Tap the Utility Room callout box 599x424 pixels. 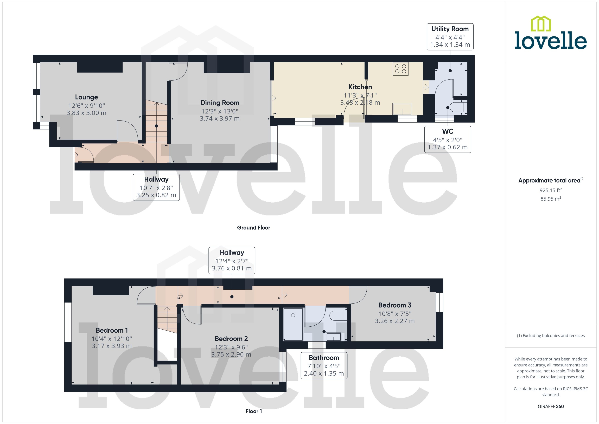click(450, 37)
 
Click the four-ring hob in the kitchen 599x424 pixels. click(400, 69)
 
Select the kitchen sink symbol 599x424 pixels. click(402, 109)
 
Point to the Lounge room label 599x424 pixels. click(86, 97)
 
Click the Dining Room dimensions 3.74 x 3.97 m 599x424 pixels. click(220, 118)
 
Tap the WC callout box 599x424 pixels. click(447, 139)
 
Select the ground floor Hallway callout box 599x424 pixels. click(156, 187)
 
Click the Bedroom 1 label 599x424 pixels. click(112, 330)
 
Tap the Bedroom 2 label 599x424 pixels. click(231, 339)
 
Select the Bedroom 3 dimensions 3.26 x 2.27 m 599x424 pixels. click(394, 321)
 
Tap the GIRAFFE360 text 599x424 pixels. click(550, 407)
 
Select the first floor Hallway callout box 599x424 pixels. click(232, 260)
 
